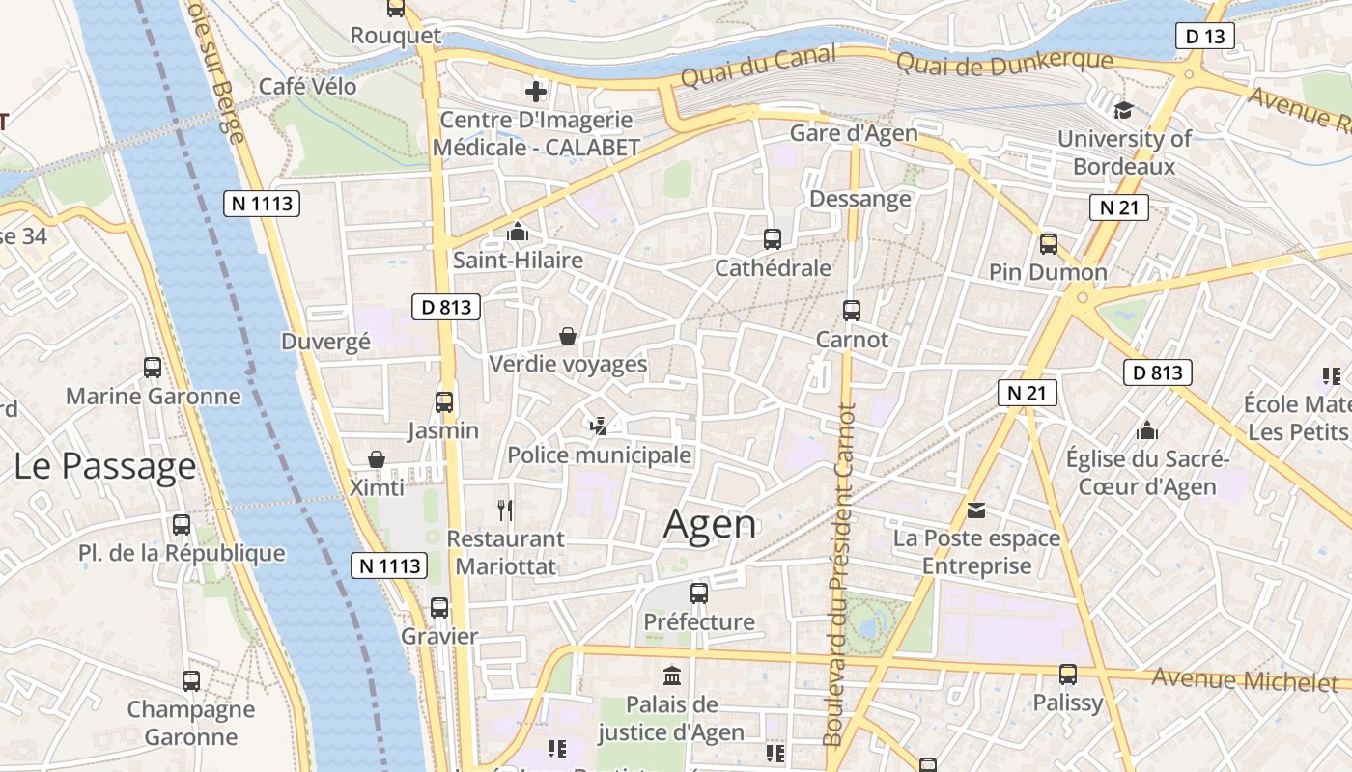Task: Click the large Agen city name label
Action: click(x=710, y=524)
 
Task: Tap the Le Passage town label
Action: click(x=104, y=466)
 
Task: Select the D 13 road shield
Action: click(x=1205, y=37)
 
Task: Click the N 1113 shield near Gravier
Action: click(x=389, y=565)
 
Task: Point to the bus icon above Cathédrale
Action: click(x=772, y=238)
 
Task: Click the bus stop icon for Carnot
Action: click(x=851, y=310)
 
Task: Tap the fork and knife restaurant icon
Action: click(x=504, y=510)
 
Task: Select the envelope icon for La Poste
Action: click(x=976, y=510)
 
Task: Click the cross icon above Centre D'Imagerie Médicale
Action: click(x=535, y=92)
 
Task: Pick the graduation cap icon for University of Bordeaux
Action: click(x=1122, y=110)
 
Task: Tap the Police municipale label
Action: click(x=599, y=455)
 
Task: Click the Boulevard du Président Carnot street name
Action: click(x=838, y=574)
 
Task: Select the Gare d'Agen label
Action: click(x=853, y=133)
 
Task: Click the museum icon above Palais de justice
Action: click(x=671, y=675)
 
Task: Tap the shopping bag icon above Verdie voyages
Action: click(x=568, y=336)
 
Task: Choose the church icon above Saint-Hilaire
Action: click(x=518, y=232)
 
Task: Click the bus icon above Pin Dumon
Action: click(x=1049, y=243)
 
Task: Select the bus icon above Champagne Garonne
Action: click(x=191, y=680)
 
